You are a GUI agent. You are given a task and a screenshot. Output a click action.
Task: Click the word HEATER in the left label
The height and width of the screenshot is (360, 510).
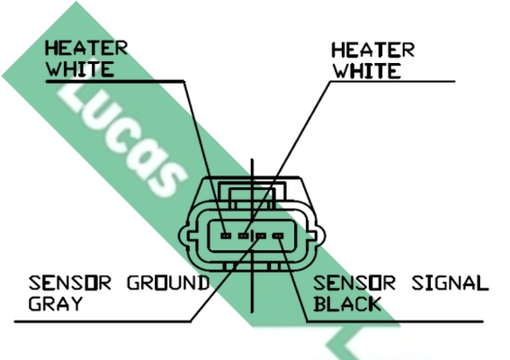click(86, 49)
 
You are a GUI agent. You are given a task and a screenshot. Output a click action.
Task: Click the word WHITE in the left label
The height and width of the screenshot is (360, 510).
click(80, 68)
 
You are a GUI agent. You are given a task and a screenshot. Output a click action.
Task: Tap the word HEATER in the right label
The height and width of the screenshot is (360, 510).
click(372, 50)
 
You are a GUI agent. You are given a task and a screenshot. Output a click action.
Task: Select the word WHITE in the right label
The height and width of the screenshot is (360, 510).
click(367, 71)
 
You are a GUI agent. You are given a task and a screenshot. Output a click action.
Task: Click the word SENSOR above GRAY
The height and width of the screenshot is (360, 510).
click(70, 283)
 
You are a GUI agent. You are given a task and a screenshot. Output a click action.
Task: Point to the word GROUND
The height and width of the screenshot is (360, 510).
click(168, 283)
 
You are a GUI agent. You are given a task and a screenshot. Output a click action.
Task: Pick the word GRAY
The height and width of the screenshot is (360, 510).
click(55, 303)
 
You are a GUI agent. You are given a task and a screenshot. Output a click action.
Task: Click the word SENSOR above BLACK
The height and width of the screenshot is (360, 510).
click(354, 283)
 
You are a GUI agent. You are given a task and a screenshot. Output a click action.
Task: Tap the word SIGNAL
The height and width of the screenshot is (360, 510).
click(450, 283)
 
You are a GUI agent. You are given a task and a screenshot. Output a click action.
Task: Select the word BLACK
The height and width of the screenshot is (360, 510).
click(347, 303)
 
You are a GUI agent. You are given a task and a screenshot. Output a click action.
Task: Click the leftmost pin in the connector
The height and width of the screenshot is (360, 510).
click(226, 235)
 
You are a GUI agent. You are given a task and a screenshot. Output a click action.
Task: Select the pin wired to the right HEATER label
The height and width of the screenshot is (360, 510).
click(243, 235)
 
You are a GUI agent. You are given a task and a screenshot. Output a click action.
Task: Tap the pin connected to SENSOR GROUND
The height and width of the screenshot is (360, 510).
click(261, 236)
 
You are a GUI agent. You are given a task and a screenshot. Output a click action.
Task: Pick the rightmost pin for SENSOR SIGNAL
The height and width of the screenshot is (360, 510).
click(278, 236)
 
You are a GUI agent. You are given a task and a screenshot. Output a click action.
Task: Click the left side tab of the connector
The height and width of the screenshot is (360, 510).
click(184, 236)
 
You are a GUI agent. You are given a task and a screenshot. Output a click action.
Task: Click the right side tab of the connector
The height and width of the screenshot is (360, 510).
click(319, 236)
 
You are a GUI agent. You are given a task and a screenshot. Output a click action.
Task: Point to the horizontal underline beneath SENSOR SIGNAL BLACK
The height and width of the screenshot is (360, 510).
click(395, 321)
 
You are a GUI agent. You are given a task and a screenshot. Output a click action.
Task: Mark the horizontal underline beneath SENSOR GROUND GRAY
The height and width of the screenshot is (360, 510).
click(103, 321)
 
